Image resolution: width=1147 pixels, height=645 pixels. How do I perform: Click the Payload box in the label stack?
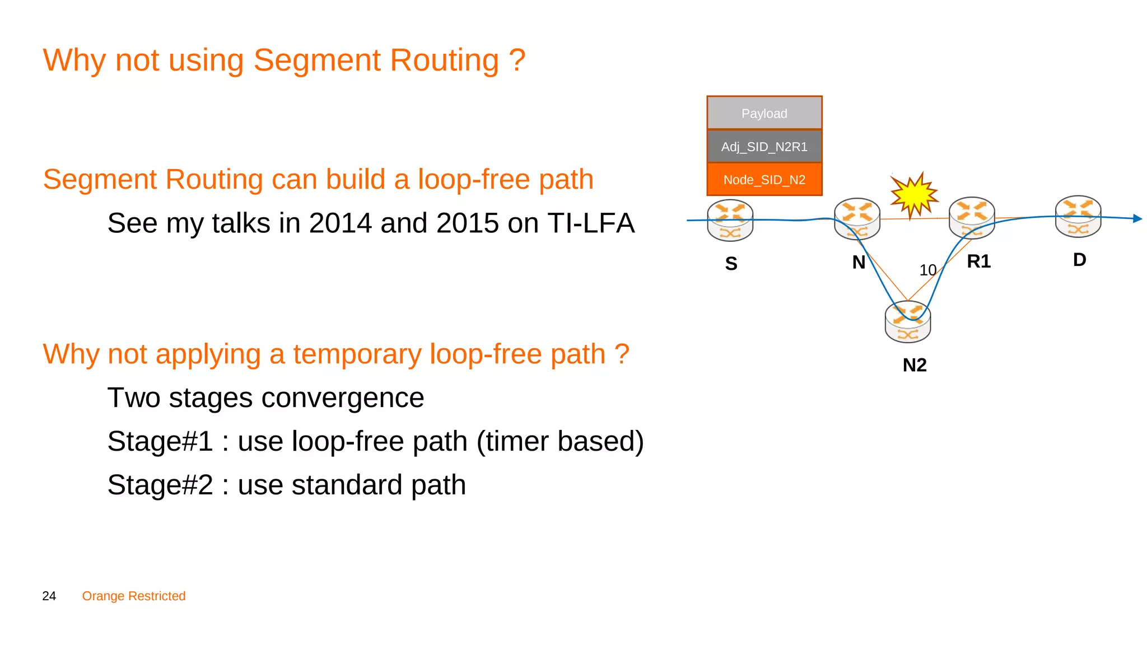[x=764, y=113]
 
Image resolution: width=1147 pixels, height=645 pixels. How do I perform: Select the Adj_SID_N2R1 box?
[x=764, y=147]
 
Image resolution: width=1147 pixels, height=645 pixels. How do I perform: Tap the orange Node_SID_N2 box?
[x=764, y=180]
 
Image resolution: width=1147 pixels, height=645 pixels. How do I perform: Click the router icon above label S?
[x=730, y=221]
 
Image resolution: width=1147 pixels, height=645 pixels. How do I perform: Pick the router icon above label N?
[x=857, y=219]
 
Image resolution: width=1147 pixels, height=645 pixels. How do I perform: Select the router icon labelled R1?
[x=972, y=218]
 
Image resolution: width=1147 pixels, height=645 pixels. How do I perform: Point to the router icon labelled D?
[x=1078, y=216]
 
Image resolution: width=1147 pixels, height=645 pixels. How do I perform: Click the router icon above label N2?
[x=907, y=322]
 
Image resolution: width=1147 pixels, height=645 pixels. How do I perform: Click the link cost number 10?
[x=927, y=270]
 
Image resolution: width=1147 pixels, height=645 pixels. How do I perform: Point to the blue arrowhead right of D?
[x=1137, y=218]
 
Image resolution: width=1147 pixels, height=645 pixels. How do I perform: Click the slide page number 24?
[x=49, y=596]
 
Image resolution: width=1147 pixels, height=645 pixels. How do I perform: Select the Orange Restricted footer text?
[x=133, y=596]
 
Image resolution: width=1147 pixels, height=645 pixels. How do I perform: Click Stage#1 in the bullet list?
[x=160, y=442]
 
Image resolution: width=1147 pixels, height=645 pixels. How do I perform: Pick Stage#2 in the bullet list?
[x=160, y=485]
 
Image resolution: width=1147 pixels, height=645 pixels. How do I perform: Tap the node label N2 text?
[x=914, y=365]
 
